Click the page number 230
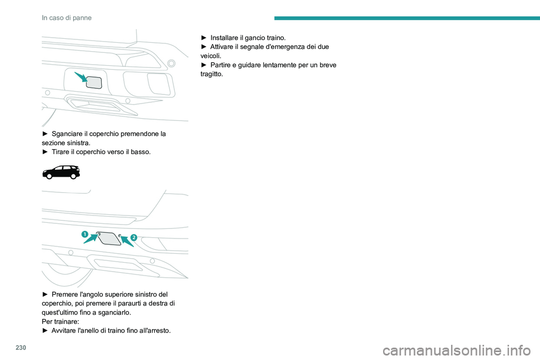pos(21,348)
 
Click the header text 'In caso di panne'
pos(66,18)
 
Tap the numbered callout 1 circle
pos(85,235)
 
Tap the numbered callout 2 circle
pos(134,237)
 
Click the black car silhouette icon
pos(61,172)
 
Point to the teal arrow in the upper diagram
pos(81,77)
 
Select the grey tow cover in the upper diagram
pos(94,83)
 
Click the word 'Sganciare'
pos(67,134)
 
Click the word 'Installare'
pos(224,38)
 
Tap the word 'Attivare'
pos(222,47)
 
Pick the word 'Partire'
pos(220,65)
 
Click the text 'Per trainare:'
pos(60,321)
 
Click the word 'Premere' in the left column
pos(65,294)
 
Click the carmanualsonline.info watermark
pos(457,350)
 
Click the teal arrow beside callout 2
pos(127,240)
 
